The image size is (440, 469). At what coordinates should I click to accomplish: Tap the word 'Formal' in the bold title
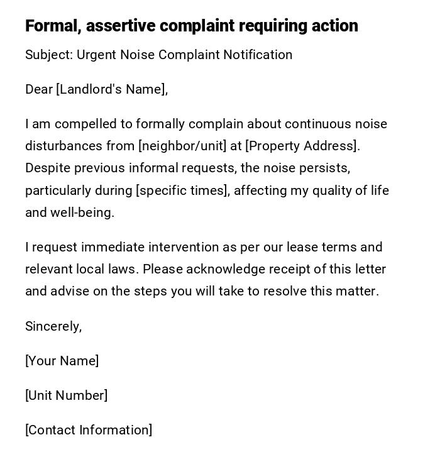(x=52, y=26)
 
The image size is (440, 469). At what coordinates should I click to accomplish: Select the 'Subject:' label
(x=49, y=55)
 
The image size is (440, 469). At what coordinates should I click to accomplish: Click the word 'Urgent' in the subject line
(x=96, y=55)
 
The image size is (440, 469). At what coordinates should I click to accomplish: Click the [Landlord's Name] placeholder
(x=112, y=89)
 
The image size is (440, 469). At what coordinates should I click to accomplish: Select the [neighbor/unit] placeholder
(x=182, y=146)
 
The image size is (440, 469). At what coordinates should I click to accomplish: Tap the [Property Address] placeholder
(x=302, y=146)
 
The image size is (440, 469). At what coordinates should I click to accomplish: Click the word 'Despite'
(x=48, y=168)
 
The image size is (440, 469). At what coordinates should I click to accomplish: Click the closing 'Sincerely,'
(x=53, y=326)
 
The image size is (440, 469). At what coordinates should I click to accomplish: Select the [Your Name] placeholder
(x=62, y=361)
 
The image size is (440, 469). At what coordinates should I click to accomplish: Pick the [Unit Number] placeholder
(x=66, y=395)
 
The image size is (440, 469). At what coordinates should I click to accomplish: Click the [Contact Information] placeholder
(x=89, y=430)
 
